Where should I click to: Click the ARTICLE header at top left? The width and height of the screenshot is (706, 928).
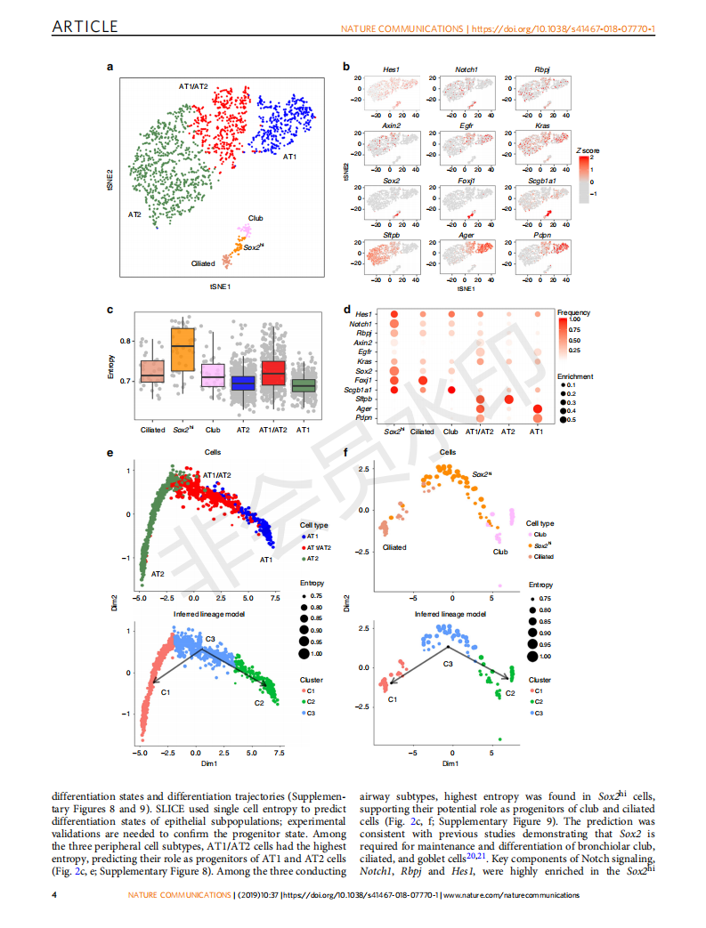(x=85, y=27)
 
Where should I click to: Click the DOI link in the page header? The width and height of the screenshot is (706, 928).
(x=563, y=29)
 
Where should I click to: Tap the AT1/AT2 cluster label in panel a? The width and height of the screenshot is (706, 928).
(x=193, y=86)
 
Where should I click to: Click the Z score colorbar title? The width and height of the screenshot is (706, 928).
(x=588, y=151)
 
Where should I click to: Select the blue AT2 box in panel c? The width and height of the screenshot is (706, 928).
(x=241, y=383)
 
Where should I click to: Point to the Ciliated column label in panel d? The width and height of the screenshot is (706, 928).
(x=421, y=432)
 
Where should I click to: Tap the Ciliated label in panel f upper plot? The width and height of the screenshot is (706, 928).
(x=394, y=548)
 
